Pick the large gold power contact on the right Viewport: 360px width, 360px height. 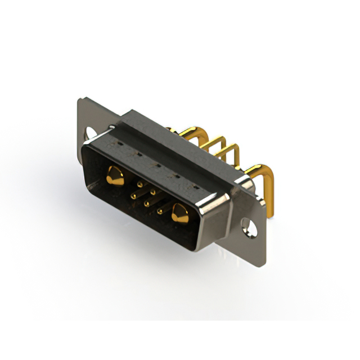tap(181, 213)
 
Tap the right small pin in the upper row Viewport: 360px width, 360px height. tap(152, 192)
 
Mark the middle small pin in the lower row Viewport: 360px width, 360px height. tap(147, 203)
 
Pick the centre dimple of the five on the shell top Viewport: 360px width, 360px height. tap(156, 166)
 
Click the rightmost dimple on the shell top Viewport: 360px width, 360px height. tap(195, 186)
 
